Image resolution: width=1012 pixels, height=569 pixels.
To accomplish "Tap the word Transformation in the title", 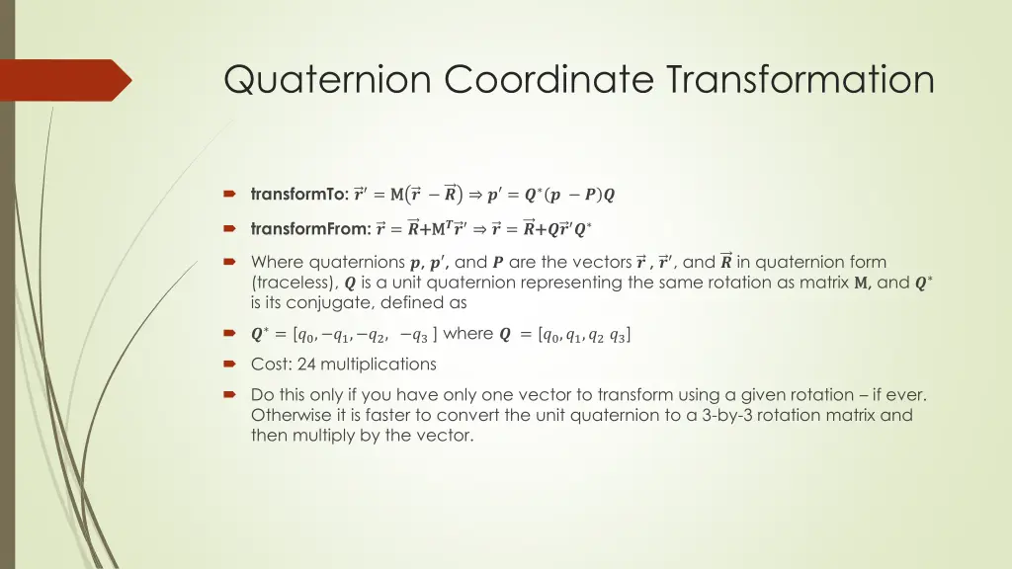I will click(x=800, y=79).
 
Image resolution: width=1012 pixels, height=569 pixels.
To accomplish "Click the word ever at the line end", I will click(x=907, y=395).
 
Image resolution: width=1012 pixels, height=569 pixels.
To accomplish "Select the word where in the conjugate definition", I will click(x=468, y=334).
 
